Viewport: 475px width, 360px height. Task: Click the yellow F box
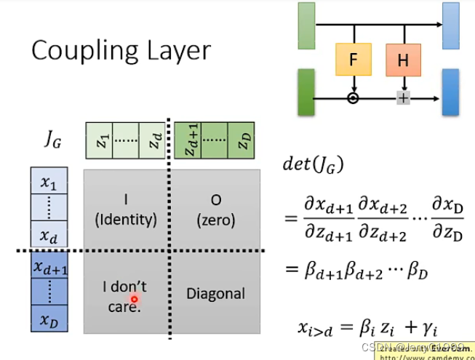[354, 59]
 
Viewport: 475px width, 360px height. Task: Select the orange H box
[404, 60]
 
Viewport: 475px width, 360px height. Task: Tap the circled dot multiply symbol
[354, 97]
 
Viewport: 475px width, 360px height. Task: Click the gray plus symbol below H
[403, 97]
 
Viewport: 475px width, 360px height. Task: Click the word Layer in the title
[178, 50]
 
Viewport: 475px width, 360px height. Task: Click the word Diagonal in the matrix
[215, 294]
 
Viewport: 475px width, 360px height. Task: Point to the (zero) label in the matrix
[215, 219]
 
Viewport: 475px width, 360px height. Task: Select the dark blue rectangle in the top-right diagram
[450, 92]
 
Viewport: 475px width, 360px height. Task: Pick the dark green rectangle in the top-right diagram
[306, 92]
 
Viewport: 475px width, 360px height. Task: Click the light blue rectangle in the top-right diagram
[450, 25]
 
